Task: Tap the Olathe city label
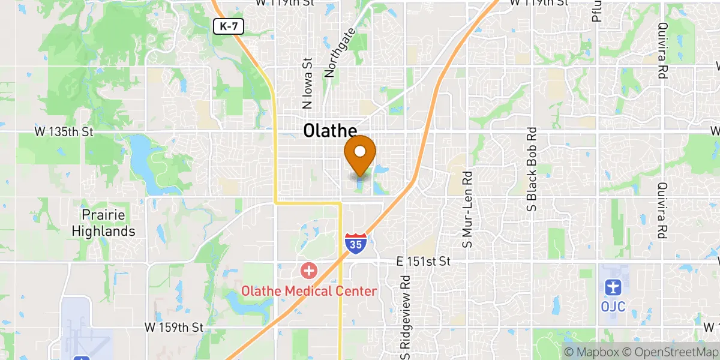tap(330, 131)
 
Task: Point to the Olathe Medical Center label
tap(309, 291)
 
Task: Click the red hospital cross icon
tap(309, 271)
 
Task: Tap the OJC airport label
tap(613, 307)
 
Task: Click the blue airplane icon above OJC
tap(613, 288)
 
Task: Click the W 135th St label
tap(61, 131)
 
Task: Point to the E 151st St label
tap(424, 262)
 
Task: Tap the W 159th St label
tap(174, 328)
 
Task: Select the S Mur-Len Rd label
tap(467, 209)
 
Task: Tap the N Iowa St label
tap(308, 83)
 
